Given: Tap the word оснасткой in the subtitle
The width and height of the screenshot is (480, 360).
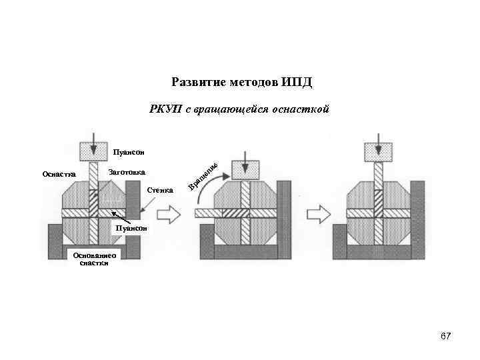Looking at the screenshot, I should [x=301, y=109].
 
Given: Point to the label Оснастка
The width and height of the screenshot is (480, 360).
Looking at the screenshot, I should [x=59, y=175].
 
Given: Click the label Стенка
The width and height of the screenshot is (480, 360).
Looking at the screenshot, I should [x=159, y=191].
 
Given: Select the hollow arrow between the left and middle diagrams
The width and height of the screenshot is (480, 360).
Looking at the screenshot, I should [x=169, y=214].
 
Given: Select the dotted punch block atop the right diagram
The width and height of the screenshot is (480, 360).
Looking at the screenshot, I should [x=378, y=152].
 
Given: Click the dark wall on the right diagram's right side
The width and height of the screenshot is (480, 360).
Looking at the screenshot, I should [x=418, y=220].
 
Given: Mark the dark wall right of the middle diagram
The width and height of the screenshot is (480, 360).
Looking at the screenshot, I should [x=283, y=220].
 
